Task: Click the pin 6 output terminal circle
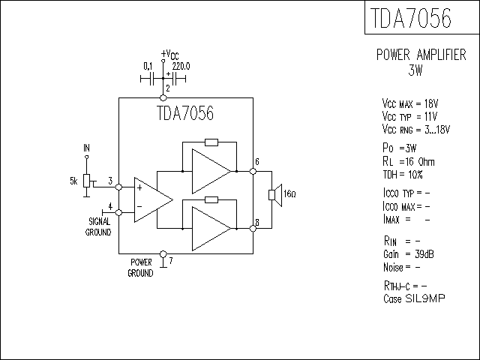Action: click(x=253, y=172)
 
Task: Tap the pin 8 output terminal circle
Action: click(x=253, y=228)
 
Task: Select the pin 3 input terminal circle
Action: click(x=118, y=187)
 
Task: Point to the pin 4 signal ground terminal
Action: click(x=118, y=212)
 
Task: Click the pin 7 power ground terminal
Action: click(x=163, y=254)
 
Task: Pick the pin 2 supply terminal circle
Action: click(x=163, y=98)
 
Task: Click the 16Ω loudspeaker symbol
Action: click(x=275, y=195)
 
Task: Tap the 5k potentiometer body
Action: click(x=87, y=181)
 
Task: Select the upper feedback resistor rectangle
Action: click(x=211, y=142)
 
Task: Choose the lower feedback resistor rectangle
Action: click(x=211, y=200)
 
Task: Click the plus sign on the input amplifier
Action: click(x=139, y=187)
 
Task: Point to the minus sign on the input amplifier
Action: click(x=139, y=207)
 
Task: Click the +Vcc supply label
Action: click(x=170, y=55)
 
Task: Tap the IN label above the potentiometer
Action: click(x=87, y=148)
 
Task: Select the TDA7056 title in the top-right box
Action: click(x=411, y=18)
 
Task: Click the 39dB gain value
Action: click(x=424, y=254)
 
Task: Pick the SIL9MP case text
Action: click(x=425, y=298)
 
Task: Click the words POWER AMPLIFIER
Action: click(x=421, y=55)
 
